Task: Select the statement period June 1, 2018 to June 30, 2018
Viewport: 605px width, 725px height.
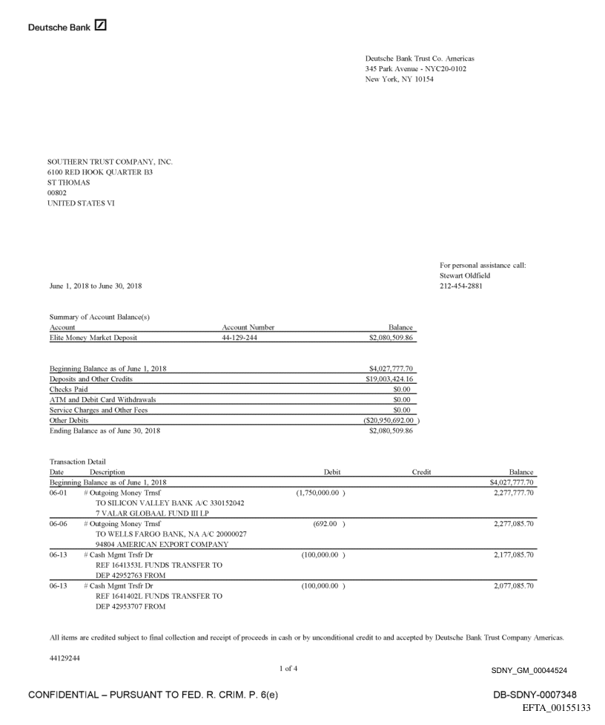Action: pyautogui.click(x=95, y=286)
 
